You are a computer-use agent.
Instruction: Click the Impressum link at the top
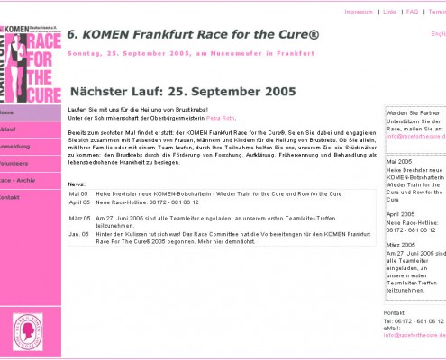359,12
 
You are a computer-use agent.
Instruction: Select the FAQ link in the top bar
412,12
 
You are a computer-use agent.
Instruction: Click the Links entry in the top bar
389,12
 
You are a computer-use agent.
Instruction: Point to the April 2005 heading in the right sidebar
401,214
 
